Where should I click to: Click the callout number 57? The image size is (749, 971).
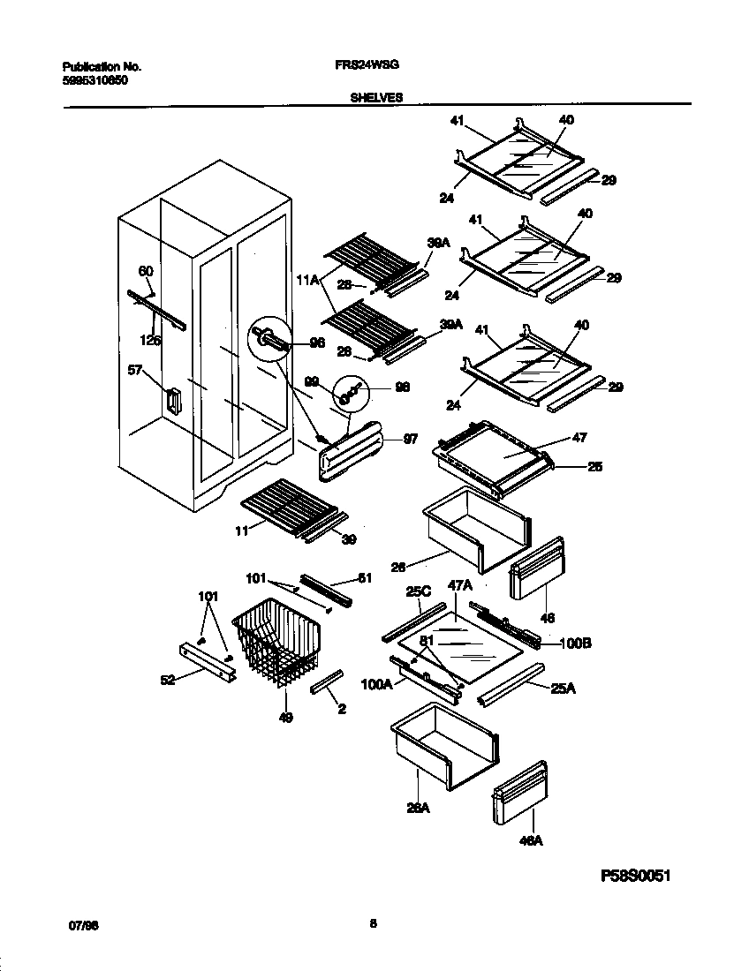(134, 372)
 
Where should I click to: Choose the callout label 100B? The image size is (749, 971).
(575, 644)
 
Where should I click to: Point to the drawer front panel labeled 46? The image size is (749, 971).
(537, 566)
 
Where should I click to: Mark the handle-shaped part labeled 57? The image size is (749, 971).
(172, 400)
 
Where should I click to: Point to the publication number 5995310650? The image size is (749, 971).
(94, 79)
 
